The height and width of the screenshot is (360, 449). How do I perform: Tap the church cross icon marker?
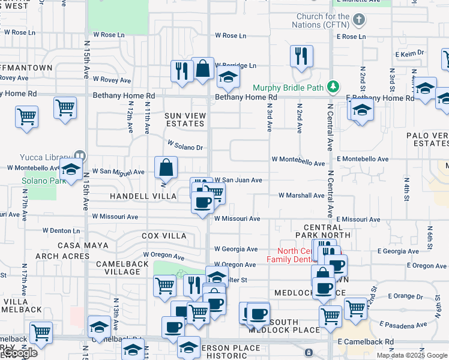click(359, 20)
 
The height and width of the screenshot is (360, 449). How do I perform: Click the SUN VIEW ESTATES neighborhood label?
click(185, 119)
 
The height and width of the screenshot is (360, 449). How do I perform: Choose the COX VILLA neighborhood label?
click(164, 236)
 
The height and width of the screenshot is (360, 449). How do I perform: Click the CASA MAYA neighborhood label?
click(83, 245)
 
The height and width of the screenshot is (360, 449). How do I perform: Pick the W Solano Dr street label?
click(185, 146)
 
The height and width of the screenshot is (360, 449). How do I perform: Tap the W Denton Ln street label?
click(61, 230)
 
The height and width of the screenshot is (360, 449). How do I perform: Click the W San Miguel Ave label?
click(118, 172)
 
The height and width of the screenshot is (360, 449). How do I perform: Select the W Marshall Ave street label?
click(301, 196)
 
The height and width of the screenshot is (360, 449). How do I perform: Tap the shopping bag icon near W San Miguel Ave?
click(165, 167)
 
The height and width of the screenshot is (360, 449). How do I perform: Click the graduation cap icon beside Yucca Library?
click(71, 170)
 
